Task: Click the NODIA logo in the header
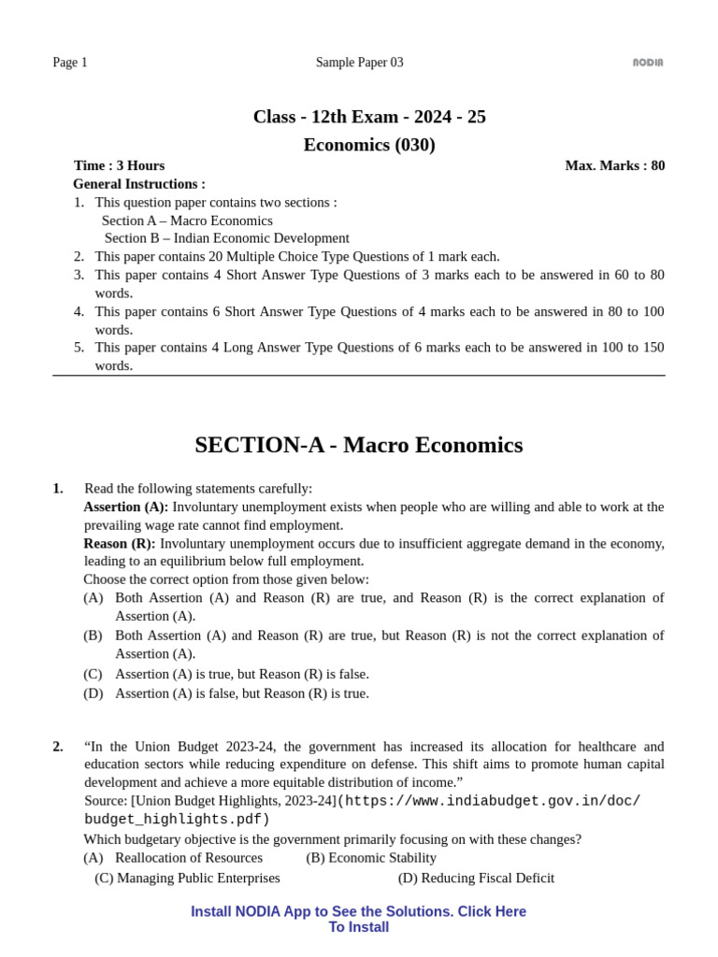648,63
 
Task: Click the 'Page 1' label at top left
70,63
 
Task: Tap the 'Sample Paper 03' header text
359,63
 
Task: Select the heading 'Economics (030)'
369,145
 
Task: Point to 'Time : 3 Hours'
119,165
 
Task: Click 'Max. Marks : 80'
614,165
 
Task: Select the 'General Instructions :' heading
139,184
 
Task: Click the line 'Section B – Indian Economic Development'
226,238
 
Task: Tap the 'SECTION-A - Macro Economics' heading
358,445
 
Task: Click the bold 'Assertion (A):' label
126,507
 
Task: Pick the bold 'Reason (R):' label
120,543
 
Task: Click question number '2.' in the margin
58,747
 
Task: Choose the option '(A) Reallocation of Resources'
173,858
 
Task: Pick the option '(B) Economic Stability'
371,858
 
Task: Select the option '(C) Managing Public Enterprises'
187,878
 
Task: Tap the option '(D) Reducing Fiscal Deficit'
476,878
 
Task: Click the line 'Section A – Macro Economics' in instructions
187,221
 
